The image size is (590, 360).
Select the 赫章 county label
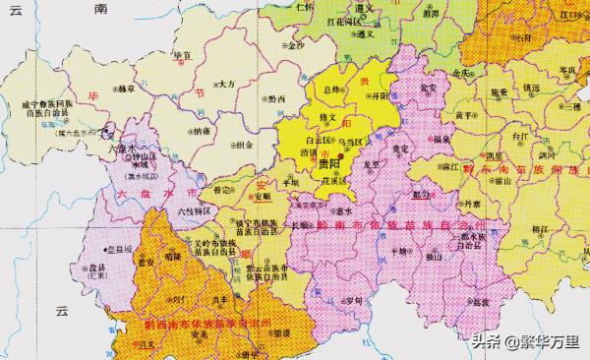click(x=124, y=89)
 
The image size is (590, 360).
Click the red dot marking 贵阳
click(x=341, y=154)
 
